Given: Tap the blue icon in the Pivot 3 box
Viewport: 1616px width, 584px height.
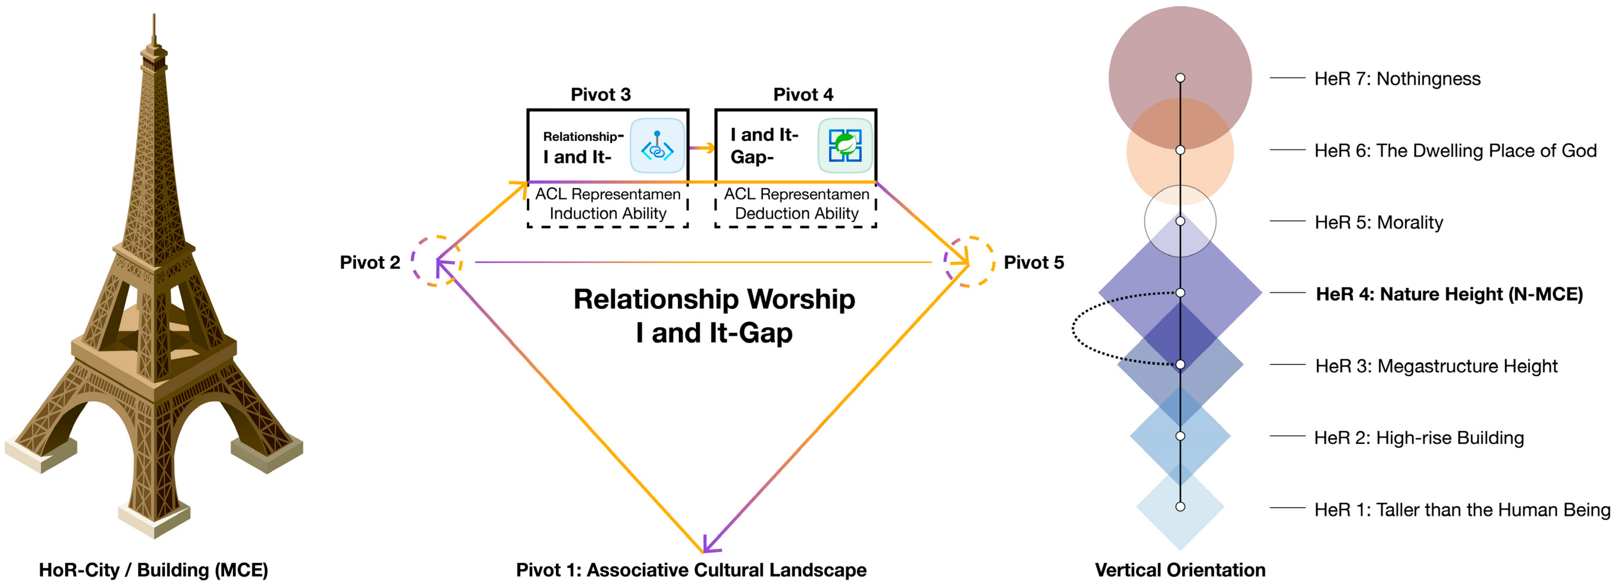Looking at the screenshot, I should [x=657, y=145].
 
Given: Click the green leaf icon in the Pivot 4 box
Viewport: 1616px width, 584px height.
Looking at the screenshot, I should [x=845, y=145].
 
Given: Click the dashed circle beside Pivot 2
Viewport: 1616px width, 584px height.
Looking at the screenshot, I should [x=437, y=261].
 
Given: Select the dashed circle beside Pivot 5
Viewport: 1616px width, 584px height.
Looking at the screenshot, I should [x=969, y=261].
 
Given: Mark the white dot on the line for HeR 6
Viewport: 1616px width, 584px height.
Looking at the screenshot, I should [x=1180, y=150].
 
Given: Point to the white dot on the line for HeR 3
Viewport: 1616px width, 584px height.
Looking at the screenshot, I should [x=1180, y=365].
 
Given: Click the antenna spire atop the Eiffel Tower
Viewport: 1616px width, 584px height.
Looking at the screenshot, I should [x=154, y=28].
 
